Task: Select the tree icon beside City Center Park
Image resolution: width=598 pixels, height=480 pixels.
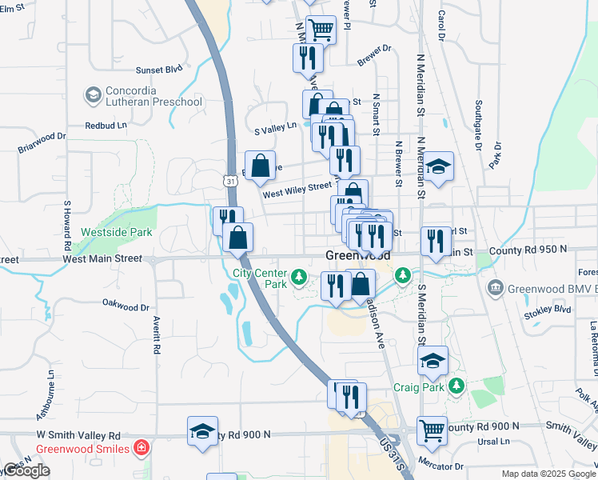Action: (299, 278)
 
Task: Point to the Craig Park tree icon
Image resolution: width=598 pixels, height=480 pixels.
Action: (456, 386)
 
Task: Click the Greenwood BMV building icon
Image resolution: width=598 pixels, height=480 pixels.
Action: (496, 287)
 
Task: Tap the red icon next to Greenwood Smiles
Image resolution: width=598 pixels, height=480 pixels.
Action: (142, 448)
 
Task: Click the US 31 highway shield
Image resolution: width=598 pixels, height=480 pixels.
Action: (230, 182)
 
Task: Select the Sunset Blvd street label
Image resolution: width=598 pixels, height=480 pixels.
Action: (159, 70)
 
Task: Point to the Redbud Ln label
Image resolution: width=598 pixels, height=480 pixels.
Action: (106, 126)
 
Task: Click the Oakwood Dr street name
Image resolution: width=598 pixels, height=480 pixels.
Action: (126, 305)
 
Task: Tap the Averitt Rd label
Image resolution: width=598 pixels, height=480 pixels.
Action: (157, 336)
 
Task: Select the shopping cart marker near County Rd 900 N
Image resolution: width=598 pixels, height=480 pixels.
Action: (432, 430)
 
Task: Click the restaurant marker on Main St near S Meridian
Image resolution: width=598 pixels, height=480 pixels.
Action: (436, 242)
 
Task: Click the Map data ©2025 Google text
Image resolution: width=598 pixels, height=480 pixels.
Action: (548, 474)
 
